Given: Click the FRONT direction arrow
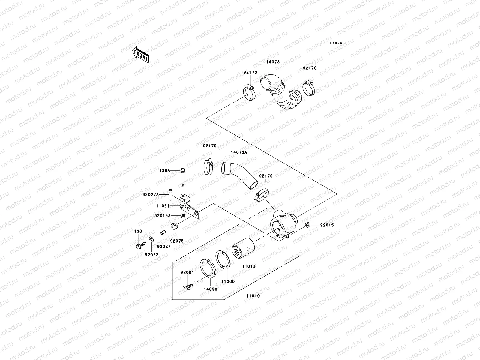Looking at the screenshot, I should tap(140, 54).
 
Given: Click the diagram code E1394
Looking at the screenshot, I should tap(336, 43).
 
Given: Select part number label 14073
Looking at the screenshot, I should tap(273, 62).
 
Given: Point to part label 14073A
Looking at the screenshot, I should tap(239, 152).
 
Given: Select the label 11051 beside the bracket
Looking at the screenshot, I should tap(163, 206).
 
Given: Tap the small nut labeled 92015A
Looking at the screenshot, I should tap(183, 215).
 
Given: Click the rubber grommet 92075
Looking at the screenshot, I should tap(174, 226).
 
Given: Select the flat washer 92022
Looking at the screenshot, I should tap(151, 239).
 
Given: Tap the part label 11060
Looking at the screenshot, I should tap(228, 281).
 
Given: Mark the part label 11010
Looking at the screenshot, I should tap(253, 296).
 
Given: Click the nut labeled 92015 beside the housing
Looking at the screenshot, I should tap(308, 225).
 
